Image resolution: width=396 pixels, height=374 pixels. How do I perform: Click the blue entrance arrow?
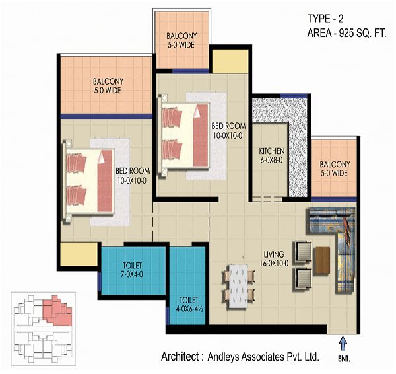click(x=343, y=343)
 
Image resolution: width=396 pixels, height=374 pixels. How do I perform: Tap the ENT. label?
click(x=345, y=359)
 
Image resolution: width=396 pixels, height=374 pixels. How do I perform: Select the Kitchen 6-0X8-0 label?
click(x=272, y=155)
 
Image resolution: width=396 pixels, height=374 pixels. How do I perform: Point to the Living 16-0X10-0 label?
click(x=274, y=258)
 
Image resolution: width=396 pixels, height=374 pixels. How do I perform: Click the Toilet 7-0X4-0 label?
click(x=132, y=270)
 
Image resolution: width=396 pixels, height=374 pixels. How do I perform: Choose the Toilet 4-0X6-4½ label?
click(x=189, y=304)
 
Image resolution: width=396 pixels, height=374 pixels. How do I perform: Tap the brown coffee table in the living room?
click(x=323, y=260)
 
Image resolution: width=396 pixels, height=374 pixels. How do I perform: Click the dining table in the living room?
click(x=238, y=286)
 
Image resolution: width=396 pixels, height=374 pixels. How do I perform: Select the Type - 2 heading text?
click(x=325, y=19)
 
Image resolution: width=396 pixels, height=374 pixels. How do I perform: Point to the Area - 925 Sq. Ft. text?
click(x=346, y=33)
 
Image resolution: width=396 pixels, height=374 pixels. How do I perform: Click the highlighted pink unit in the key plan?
click(x=57, y=311)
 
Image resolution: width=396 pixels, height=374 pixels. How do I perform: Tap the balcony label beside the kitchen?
click(x=335, y=168)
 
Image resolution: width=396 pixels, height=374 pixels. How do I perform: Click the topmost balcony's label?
click(x=181, y=40)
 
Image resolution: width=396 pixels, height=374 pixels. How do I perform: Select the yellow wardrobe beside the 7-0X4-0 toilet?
click(x=79, y=254)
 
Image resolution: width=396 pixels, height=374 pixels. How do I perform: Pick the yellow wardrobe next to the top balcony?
click(x=230, y=61)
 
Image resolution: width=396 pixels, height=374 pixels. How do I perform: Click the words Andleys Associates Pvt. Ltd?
click(x=263, y=357)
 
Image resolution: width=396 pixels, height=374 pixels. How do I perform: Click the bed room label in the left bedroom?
click(x=133, y=176)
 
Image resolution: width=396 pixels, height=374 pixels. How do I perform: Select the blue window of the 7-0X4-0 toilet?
click(x=99, y=282)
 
